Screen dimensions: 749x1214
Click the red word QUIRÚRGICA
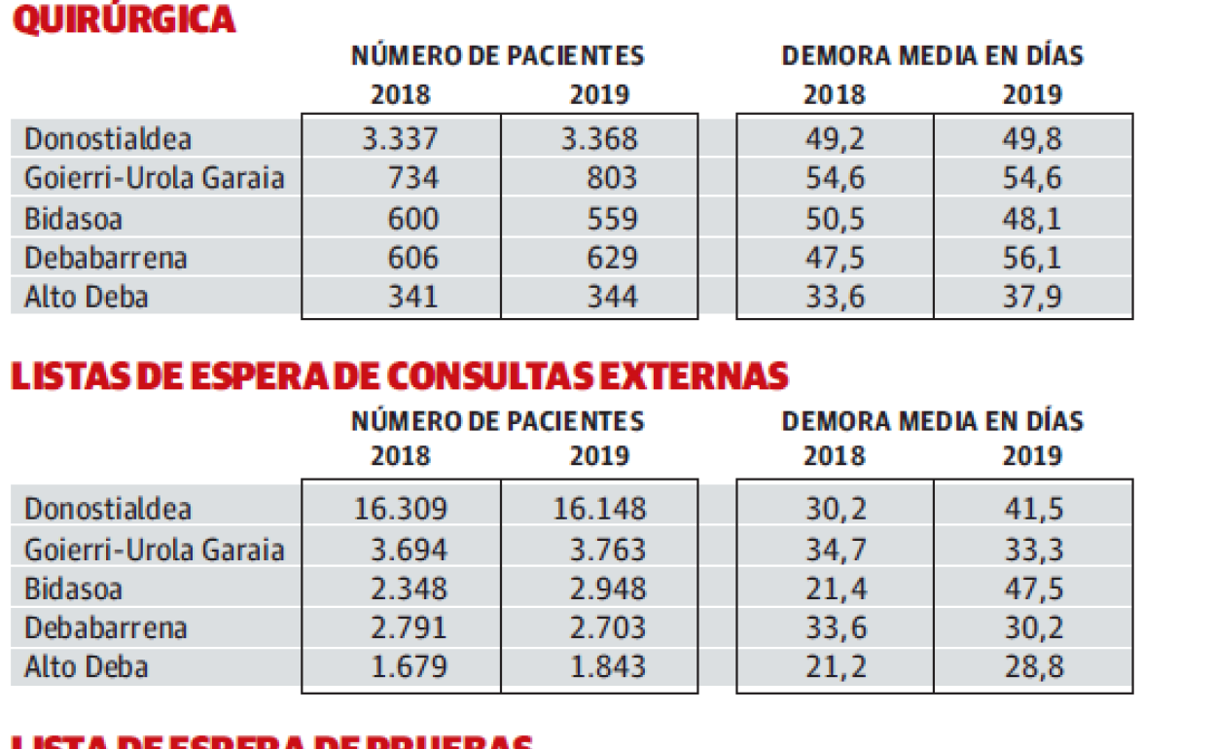tap(124, 18)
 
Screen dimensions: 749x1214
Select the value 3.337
tap(400, 138)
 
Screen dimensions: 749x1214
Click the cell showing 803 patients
tap(611, 178)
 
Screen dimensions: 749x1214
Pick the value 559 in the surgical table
tap(611, 218)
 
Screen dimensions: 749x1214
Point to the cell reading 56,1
tap(1032, 258)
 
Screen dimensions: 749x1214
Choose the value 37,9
tap(1032, 296)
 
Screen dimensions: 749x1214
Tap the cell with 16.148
tap(598, 509)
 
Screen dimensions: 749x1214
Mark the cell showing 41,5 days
tap(1032, 509)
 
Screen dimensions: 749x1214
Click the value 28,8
tap(1032, 667)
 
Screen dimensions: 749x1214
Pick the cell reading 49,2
tap(834, 138)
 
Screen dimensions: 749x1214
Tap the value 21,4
tap(834, 588)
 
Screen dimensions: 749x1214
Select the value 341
tap(412, 296)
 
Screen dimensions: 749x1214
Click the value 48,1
tap(1032, 218)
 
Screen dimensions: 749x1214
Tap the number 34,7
tap(834, 549)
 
